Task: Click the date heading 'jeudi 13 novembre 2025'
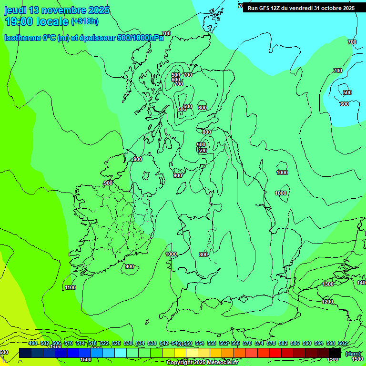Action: click(x=57, y=10)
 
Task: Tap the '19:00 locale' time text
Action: click(x=37, y=21)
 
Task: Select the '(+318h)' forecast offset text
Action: click(x=85, y=21)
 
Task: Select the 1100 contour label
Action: click(x=71, y=287)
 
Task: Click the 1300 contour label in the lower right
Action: click(x=328, y=284)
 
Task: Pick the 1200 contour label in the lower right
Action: click(x=327, y=302)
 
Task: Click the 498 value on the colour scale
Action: click(x=33, y=343)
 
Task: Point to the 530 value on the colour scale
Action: click(x=128, y=343)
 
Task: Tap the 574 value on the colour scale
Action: click(x=259, y=343)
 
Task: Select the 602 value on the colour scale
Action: click(x=342, y=343)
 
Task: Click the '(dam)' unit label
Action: click(x=353, y=354)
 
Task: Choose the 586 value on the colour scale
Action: click(x=295, y=343)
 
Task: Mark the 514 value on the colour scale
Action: click(x=81, y=343)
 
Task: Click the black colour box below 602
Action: click(x=335, y=353)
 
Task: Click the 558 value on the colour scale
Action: click(x=212, y=343)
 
